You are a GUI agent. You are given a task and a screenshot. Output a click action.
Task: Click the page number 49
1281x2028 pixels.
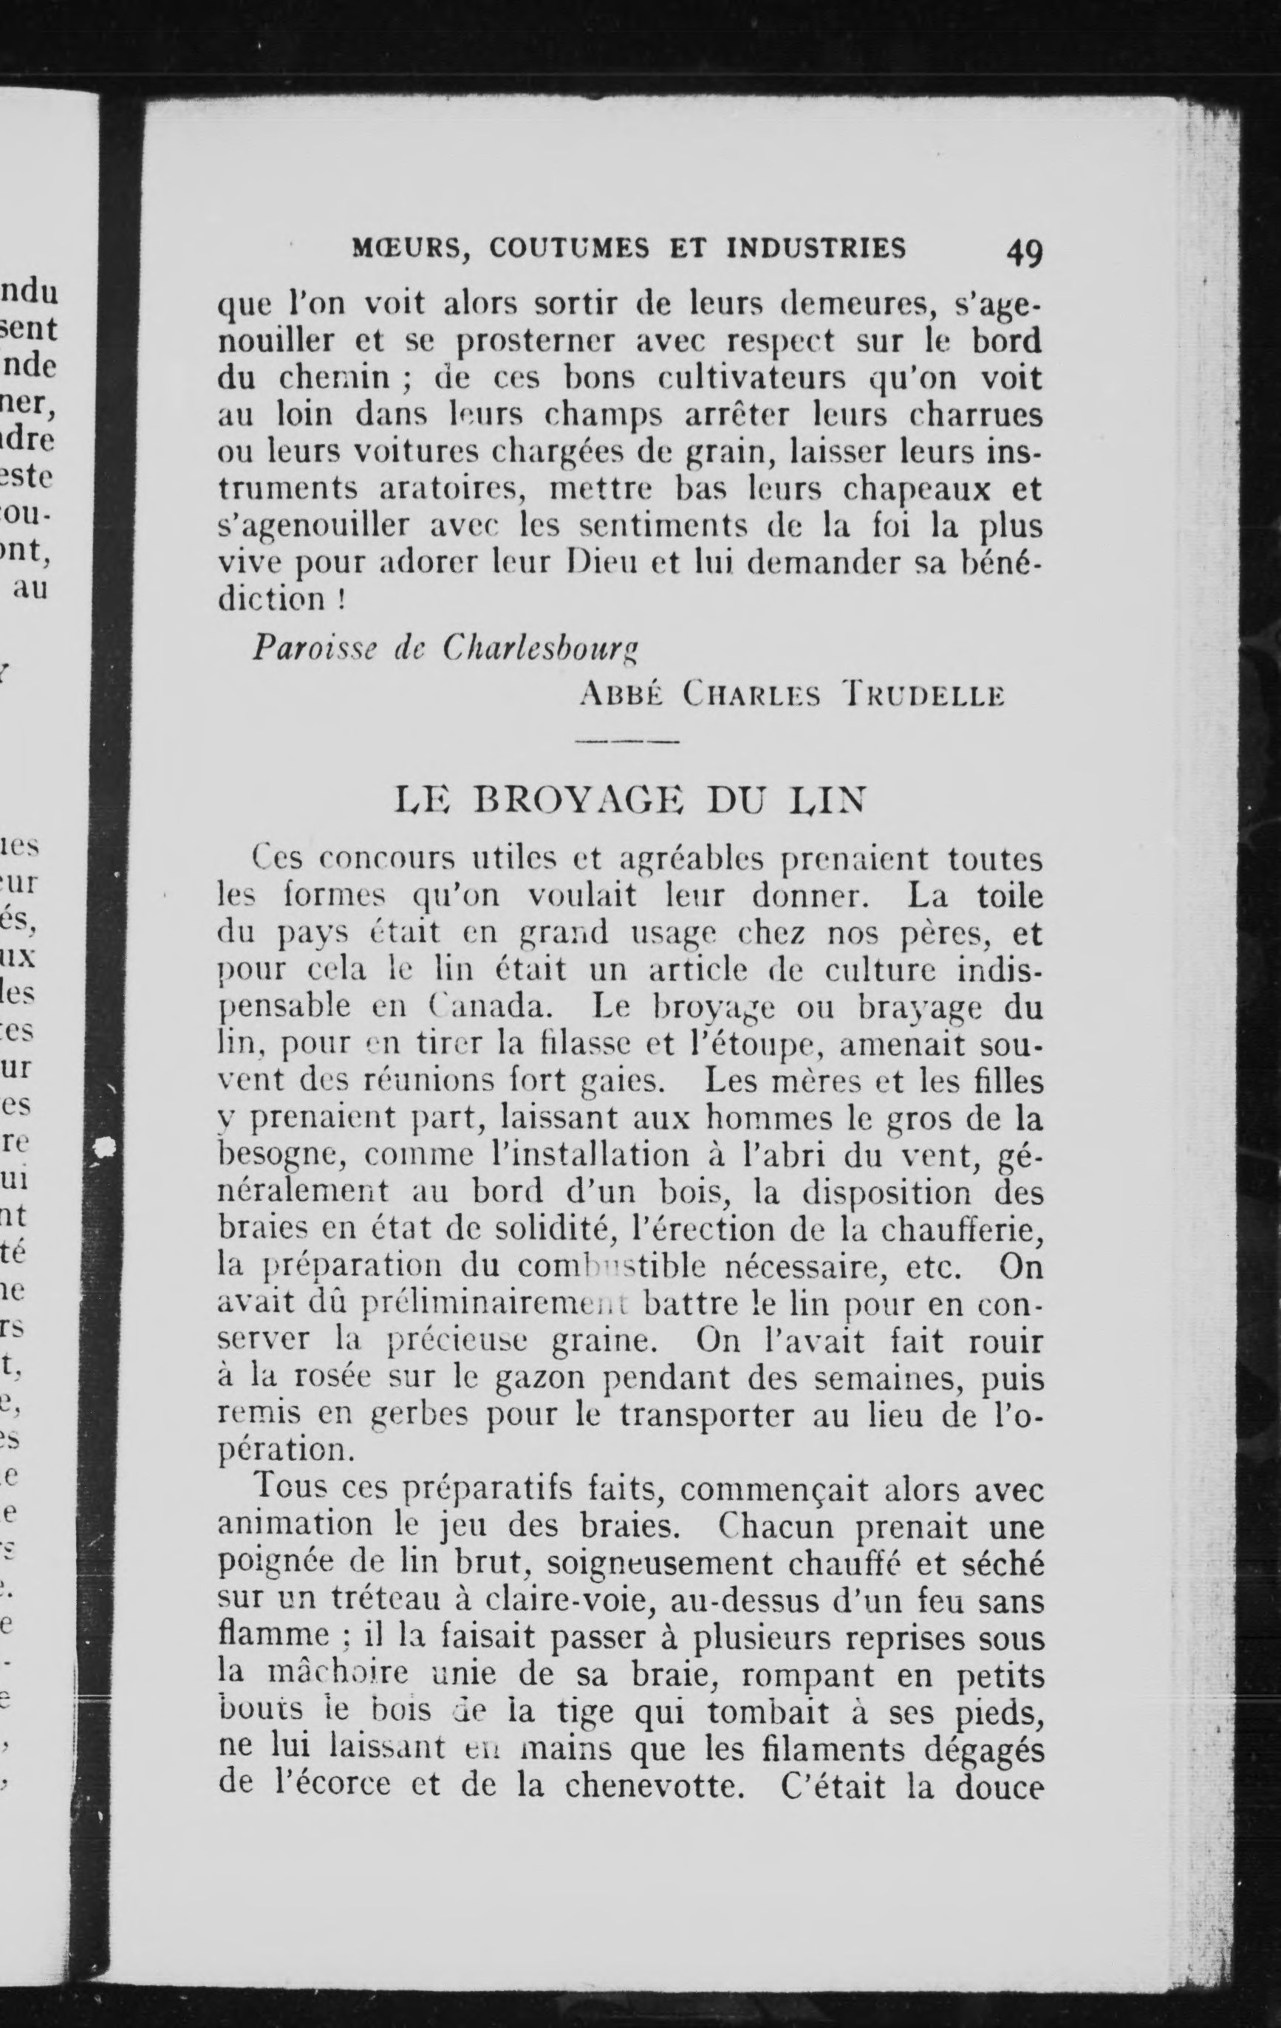point(1022,252)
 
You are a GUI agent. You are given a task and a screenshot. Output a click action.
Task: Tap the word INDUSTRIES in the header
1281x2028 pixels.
point(816,248)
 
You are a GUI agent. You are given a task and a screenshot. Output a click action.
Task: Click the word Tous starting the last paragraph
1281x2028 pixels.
point(290,1488)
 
